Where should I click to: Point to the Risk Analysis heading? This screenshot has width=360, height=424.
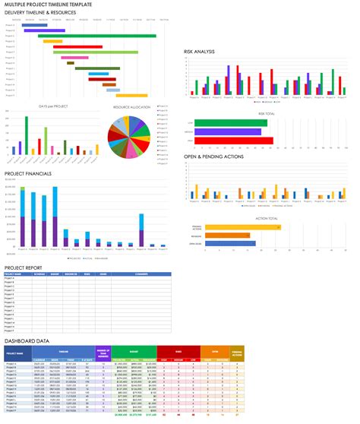[199, 52]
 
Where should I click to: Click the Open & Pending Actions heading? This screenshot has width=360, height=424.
[213, 157]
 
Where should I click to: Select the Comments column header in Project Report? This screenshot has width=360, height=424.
[140, 274]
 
